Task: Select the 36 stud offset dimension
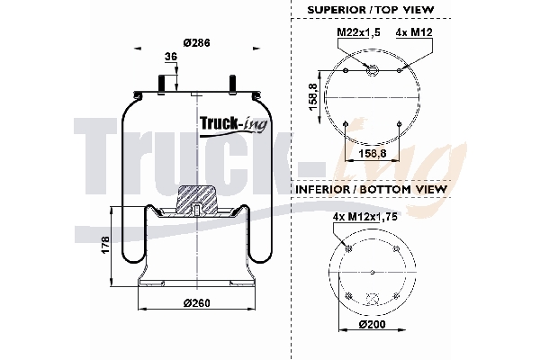170,57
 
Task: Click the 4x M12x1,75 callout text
364,217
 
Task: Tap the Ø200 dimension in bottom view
372,324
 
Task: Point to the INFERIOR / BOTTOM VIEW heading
371,190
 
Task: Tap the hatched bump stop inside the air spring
196,199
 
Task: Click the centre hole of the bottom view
372,272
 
